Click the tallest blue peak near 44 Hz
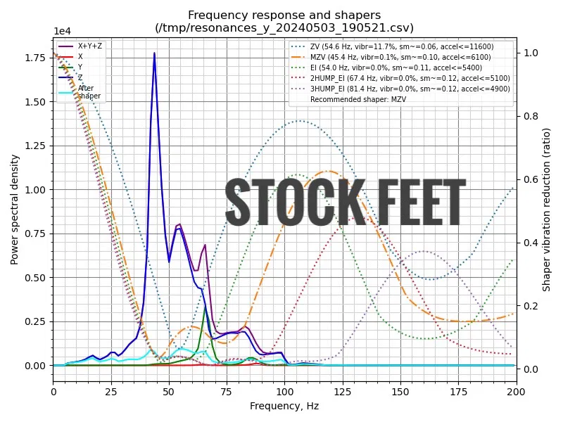[154, 53]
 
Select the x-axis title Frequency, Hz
[284, 406]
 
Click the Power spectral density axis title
[14, 208]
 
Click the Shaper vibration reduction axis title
[547, 209]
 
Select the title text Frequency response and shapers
[284, 15]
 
